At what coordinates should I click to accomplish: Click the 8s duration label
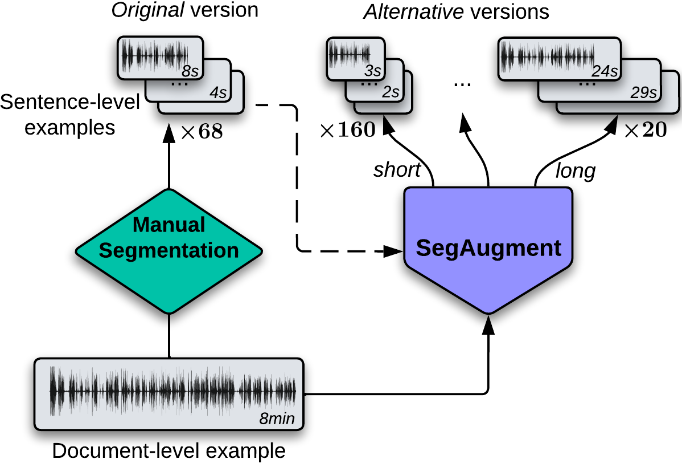pyautogui.click(x=190, y=71)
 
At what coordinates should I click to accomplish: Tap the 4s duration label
pyautogui.click(x=218, y=93)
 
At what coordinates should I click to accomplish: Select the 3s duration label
pyautogui.click(x=372, y=71)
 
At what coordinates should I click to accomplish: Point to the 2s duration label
pyautogui.click(x=391, y=92)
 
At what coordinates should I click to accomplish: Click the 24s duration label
pyautogui.click(x=605, y=71)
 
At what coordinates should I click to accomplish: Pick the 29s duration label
pyautogui.click(x=643, y=93)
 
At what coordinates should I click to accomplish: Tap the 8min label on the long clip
pyautogui.click(x=277, y=419)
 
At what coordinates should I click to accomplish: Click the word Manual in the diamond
pyautogui.click(x=169, y=225)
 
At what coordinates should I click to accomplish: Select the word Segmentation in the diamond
pyautogui.click(x=169, y=250)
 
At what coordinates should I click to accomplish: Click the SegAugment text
pyautogui.click(x=488, y=248)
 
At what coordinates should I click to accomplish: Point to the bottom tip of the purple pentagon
pyautogui.click(x=488, y=311)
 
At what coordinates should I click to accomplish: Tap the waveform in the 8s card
pyautogui.click(x=154, y=56)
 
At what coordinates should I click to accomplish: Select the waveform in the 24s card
pyautogui.click(x=547, y=56)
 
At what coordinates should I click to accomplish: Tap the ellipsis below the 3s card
pyautogui.click(x=369, y=83)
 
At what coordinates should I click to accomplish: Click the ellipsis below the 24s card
pyautogui.click(x=586, y=83)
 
